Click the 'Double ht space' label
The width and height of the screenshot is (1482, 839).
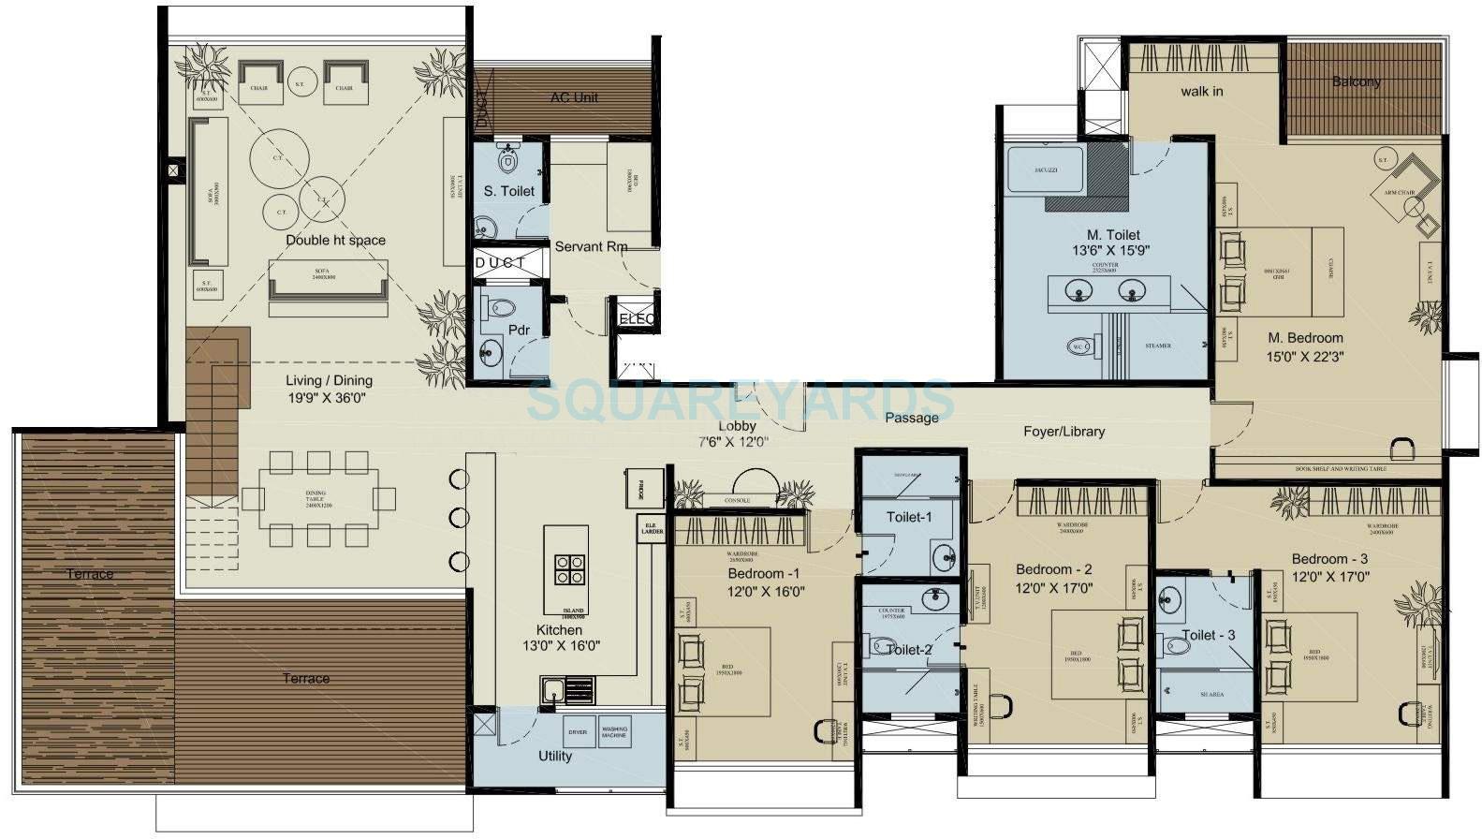pyautogui.click(x=335, y=241)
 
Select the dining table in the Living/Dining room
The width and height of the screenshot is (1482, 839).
pyautogui.click(x=318, y=497)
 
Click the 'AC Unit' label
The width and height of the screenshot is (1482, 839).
pyautogui.click(x=574, y=97)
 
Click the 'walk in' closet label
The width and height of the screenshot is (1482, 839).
pyautogui.click(x=1201, y=91)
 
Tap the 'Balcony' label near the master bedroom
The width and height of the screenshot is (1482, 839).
pyautogui.click(x=1357, y=81)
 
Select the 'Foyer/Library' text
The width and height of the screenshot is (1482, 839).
pyautogui.click(x=1064, y=432)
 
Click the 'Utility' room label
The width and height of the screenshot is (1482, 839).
pyautogui.click(x=555, y=756)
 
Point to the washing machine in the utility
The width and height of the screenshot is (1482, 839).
pyautogui.click(x=614, y=732)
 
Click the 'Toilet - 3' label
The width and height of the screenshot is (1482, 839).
pyautogui.click(x=1208, y=635)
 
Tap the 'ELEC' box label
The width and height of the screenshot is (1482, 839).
pyautogui.click(x=637, y=319)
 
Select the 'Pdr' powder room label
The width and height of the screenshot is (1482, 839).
pyautogui.click(x=519, y=330)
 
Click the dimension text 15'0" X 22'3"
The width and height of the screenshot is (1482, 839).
pyautogui.click(x=1305, y=357)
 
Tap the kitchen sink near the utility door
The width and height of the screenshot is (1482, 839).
pyautogui.click(x=552, y=692)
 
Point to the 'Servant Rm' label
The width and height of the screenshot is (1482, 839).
pyautogui.click(x=591, y=247)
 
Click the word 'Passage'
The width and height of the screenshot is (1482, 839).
pyautogui.click(x=911, y=418)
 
